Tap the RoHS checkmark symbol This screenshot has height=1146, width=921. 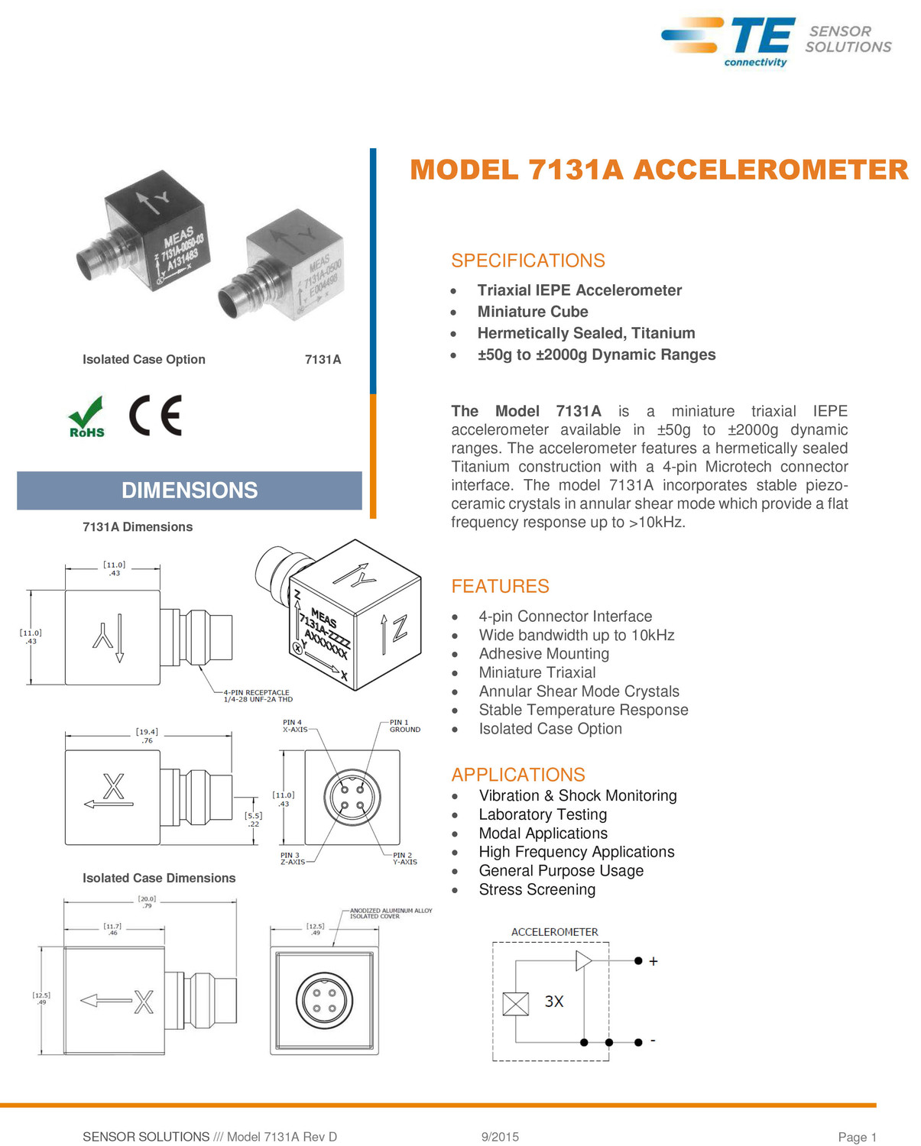tap(86, 416)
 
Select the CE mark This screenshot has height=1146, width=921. tap(155, 416)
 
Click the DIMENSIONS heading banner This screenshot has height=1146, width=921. tap(190, 490)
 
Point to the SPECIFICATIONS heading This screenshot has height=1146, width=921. tap(527, 261)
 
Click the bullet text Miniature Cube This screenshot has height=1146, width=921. tap(533, 312)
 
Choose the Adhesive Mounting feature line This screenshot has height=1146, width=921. tap(543, 654)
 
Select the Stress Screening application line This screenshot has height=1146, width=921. tap(537, 890)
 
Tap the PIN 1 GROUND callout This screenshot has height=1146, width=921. tap(404, 726)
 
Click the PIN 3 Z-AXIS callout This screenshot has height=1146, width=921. tap(292, 859)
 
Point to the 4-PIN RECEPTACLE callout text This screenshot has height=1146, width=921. tap(258, 696)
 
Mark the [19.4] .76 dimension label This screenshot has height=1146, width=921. tap(147, 736)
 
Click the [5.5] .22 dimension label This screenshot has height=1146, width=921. tap(253, 819)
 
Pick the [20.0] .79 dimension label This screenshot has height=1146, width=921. tap(147, 902)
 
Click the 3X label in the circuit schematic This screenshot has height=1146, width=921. tap(554, 1002)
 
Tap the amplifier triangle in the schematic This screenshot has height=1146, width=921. tap(584, 960)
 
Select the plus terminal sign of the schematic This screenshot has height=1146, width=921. tap(653, 962)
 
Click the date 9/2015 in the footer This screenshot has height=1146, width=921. tap(500, 1137)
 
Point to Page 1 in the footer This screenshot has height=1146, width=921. tap(857, 1137)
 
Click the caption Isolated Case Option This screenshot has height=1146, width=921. tap(144, 360)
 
